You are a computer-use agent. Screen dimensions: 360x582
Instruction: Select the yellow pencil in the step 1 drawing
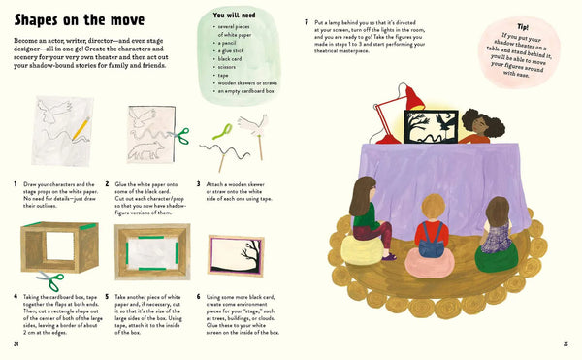tap(77, 127)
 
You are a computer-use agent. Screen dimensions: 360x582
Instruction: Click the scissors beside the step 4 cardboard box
tap(53, 281)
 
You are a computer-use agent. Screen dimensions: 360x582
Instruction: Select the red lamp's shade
tap(412, 98)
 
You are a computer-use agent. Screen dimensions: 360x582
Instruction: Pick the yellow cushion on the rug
tap(368, 251)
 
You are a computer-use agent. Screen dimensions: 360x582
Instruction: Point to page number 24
tap(17, 343)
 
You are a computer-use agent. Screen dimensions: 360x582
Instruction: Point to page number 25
tap(566, 343)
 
